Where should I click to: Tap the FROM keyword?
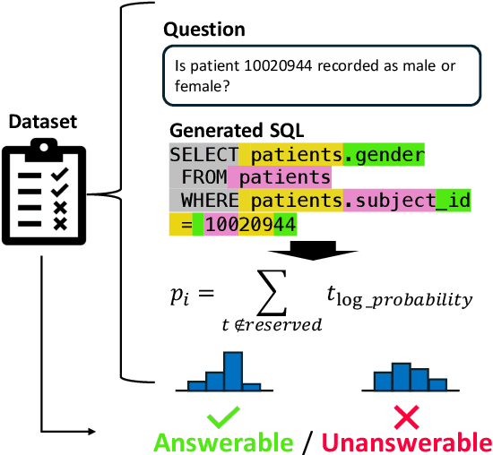(203, 176)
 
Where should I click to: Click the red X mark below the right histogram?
(408, 416)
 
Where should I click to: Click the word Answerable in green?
(223, 442)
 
